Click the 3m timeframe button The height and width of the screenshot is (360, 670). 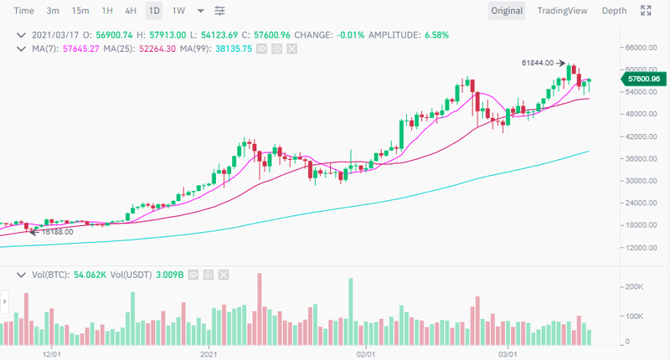[53, 11]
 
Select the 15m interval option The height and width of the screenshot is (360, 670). [80, 11]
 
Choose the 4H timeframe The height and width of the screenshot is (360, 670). [130, 11]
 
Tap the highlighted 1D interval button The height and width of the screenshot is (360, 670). [154, 11]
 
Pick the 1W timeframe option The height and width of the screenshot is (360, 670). [178, 11]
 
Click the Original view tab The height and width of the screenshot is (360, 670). [507, 11]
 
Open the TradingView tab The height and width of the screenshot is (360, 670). [562, 11]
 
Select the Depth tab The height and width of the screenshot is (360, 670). [614, 11]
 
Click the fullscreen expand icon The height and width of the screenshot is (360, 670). [646, 11]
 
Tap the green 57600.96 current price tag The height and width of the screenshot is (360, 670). [642, 79]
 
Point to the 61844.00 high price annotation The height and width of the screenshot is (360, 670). [537, 63]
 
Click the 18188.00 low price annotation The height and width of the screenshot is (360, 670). [57, 231]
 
